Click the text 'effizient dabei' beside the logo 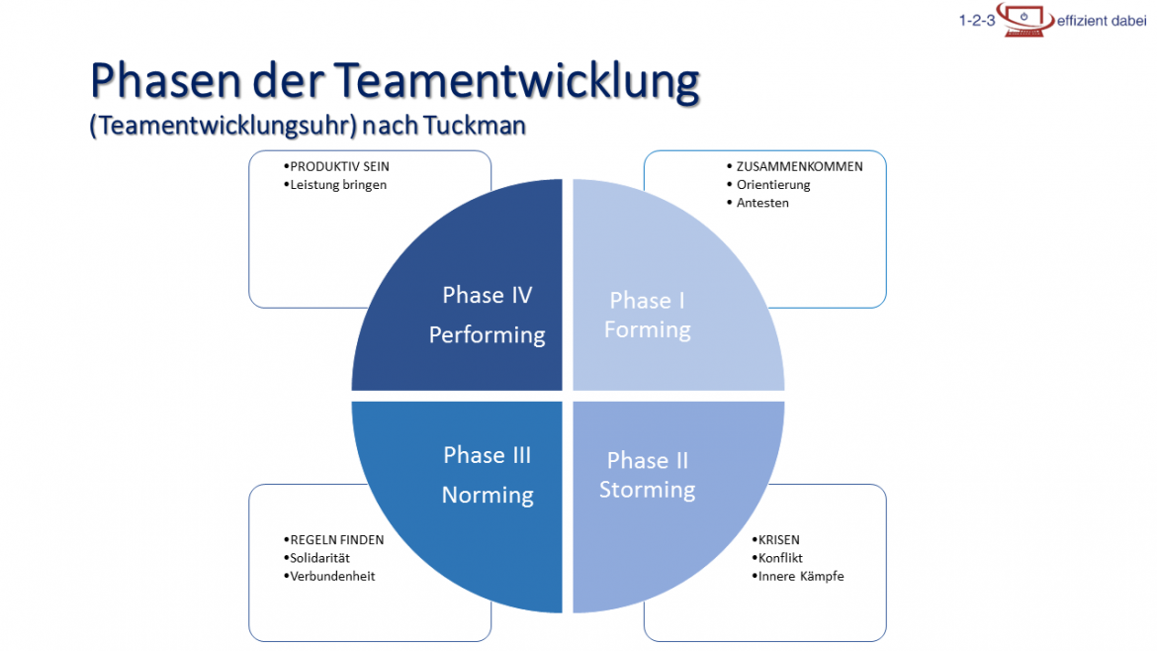coord(1102,21)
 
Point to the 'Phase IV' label coord(487,295)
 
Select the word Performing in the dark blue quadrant coord(487,334)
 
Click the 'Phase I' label coord(647,300)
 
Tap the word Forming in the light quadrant coord(647,329)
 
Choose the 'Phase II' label coord(647,460)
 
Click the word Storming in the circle coord(647,490)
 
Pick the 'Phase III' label coord(487,455)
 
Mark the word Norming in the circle coord(487,495)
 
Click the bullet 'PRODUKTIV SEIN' coord(332,166)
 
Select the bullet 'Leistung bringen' coord(338,184)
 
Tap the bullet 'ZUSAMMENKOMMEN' coord(799,166)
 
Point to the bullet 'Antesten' coord(762,203)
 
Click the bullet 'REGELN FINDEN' coord(336,540)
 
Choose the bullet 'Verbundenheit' coord(332,576)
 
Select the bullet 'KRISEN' coord(778,540)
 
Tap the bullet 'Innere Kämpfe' coord(801,576)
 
